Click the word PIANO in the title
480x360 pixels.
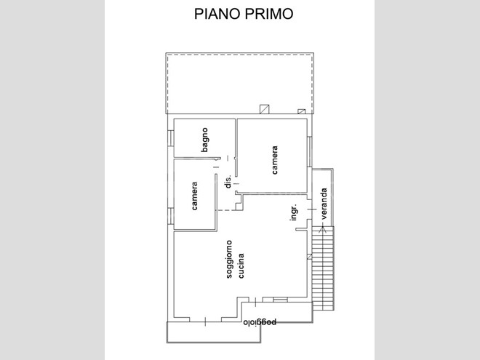click(x=217, y=14)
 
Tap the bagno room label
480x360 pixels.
click(x=205, y=140)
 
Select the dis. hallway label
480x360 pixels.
click(x=228, y=181)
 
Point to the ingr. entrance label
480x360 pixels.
click(x=294, y=212)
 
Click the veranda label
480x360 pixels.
click(x=324, y=203)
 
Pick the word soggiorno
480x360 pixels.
click(x=229, y=259)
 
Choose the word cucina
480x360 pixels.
click(x=241, y=265)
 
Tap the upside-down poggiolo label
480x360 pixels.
click(x=260, y=322)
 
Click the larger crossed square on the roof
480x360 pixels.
click(x=265, y=109)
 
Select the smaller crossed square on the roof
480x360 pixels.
click(x=302, y=111)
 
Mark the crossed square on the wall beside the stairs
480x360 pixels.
click(x=310, y=257)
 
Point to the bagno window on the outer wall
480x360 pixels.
click(x=170, y=137)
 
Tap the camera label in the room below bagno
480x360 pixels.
click(x=194, y=196)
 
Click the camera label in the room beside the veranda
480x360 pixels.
click(x=275, y=160)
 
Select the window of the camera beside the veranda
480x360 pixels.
click(x=310, y=151)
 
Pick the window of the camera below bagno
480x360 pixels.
click(x=170, y=216)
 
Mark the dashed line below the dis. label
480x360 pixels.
click(x=225, y=210)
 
